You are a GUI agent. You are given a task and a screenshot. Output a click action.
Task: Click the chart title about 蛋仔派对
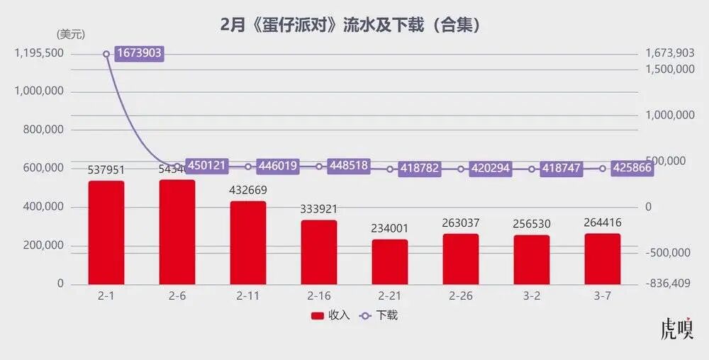coord(352,26)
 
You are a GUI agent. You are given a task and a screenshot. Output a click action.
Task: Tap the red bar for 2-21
coord(390,261)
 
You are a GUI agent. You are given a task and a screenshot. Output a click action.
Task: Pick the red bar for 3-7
coord(603,259)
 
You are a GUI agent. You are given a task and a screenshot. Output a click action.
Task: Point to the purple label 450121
coord(207,165)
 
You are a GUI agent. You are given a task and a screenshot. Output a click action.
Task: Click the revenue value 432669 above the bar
coord(248,191)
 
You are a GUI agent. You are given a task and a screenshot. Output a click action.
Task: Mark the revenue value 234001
coord(390,228)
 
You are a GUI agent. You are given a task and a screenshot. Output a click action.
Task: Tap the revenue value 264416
coord(603,223)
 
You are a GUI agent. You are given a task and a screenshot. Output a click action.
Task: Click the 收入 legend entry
coord(330,315)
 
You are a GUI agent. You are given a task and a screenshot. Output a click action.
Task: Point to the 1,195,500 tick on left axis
coord(39,53)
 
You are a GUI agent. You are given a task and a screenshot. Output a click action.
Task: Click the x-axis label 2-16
coord(319,296)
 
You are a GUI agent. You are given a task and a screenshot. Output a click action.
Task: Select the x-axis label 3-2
coord(532,296)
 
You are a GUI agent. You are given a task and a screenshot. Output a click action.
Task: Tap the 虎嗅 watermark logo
coord(676,330)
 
